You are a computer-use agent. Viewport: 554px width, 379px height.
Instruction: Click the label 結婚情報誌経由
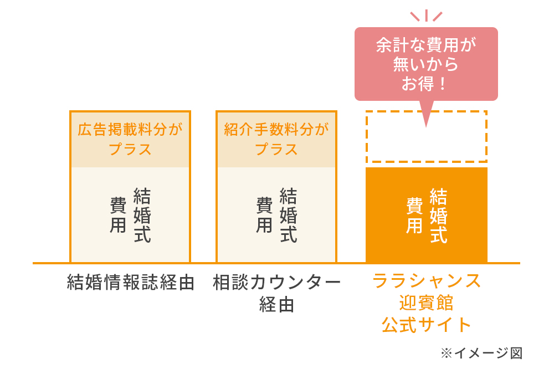coord(130,283)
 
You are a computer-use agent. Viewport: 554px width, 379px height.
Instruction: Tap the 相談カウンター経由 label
coord(276,283)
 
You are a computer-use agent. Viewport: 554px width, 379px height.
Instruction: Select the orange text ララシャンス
coord(426,281)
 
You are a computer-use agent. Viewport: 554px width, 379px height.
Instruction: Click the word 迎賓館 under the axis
coord(426,303)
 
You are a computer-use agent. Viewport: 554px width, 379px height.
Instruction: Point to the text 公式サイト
coord(426,325)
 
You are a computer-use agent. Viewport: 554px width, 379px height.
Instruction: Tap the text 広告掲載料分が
coord(130,130)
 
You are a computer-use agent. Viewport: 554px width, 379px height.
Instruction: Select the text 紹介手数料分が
coord(276,130)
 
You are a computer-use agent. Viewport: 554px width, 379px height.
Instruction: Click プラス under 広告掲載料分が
coord(130,149)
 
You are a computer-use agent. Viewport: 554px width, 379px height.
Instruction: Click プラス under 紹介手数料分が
coord(276,149)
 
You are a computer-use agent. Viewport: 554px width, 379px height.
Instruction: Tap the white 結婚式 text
coord(438,215)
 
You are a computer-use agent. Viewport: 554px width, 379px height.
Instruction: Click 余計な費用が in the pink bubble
coord(426,45)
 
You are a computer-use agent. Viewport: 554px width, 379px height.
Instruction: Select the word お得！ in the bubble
coord(426,84)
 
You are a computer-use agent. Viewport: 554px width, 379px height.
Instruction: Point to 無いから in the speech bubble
coord(426,65)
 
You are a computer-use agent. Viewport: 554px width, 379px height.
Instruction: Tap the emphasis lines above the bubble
coord(426,15)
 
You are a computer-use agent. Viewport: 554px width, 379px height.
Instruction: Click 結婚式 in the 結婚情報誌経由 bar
coord(142,215)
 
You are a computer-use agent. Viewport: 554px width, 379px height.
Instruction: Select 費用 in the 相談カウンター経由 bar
coord(264,215)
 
